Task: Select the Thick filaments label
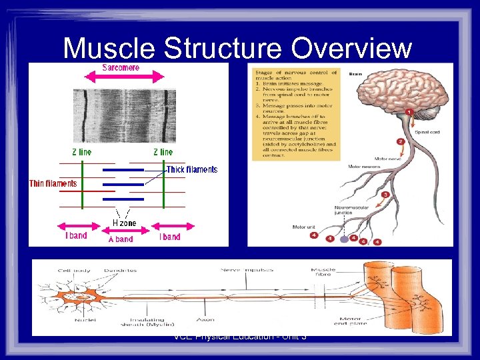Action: tap(191, 169)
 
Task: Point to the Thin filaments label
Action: tap(53, 183)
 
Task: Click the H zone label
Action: tap(124, 223)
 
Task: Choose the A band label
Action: tap(121, 239)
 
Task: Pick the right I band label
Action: tap(169, 237)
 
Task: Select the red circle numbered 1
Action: tap(409, 113)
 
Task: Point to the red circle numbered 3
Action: tap(385, 195)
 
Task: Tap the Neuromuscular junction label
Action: tap(351, 211)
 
